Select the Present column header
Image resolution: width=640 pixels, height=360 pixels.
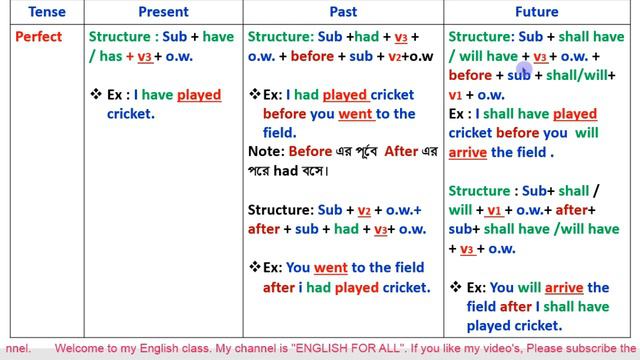click(163, 12)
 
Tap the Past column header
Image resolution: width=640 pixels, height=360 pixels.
click(343, 12)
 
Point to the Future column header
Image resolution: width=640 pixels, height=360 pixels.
click(538, 12)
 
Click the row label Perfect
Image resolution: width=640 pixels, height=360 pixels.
click(39, 37)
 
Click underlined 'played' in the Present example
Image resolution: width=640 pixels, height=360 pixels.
click(199, 96)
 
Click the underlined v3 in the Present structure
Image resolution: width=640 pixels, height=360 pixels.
click(145, 56)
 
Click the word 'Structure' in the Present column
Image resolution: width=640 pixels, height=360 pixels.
click(122, 37)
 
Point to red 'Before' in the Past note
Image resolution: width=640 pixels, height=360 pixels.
click(310, 152)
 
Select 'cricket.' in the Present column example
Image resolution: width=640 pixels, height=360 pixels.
click(131, 114)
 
